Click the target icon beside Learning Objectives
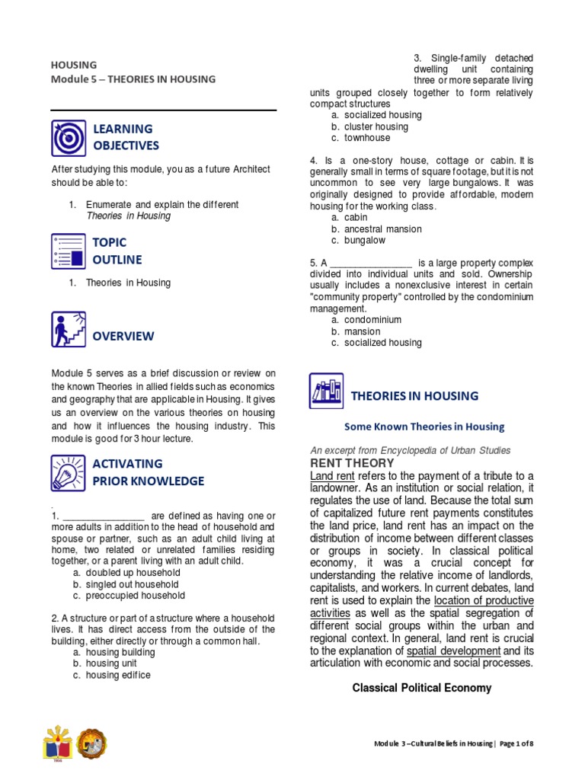(69, 138)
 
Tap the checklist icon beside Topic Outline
(69, 251)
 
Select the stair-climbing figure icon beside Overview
(69, 330)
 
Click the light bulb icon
(69, 472)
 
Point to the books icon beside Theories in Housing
(327, 391)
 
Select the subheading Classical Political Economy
(421, 688)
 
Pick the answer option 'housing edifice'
(118, 675)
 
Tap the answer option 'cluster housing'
(376, 126)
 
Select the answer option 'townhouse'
(366, 138)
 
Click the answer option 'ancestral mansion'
(382, 229)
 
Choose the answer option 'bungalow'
(365, 240)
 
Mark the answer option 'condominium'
(372, 320)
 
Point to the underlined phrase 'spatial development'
(453, 651)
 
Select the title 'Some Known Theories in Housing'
(424, 427)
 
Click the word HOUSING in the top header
(74, 65)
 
